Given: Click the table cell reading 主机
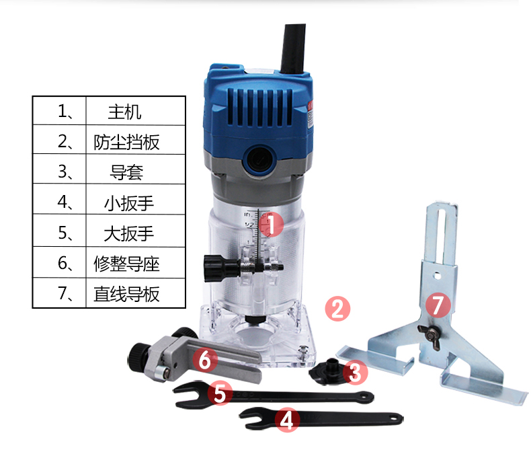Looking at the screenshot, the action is tap(136, 111).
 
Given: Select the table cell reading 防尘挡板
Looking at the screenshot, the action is tap(136, 140).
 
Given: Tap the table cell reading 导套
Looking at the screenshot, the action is tap(136, 169).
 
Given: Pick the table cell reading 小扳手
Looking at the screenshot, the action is tap(136, 199).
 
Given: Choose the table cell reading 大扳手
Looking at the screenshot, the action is tap(136, 231).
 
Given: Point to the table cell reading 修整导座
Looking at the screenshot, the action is tap(136, 262).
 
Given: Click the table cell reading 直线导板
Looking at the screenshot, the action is tap(136, 293).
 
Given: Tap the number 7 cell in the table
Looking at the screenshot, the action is tap(60, 293).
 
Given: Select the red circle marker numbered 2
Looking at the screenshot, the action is tap(337, 309).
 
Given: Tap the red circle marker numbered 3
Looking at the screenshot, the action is tap(355, 373).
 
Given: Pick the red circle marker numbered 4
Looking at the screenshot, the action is tap(287, 420).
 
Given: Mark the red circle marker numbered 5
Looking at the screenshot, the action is tap(220, 393).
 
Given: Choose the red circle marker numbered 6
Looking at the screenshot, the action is tap(205, 360).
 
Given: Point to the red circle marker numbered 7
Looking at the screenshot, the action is tap(438, 305).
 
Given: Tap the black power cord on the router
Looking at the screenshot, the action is tap(293, 48).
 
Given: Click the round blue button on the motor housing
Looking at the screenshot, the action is tap(260, 159).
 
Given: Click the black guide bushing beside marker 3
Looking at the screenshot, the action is tap(328, 372).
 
